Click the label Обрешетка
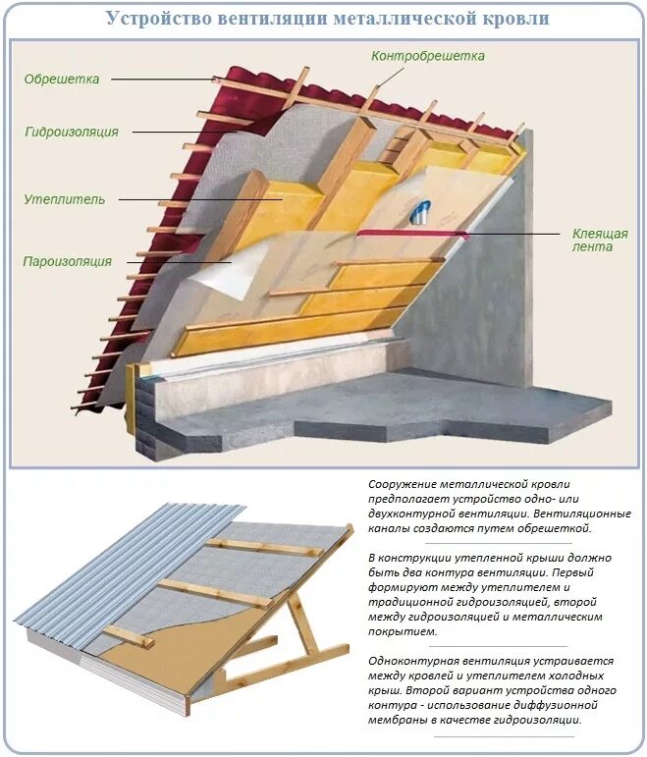(59, 80)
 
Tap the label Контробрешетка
(428, 56)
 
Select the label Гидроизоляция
(72, 132)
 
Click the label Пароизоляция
(68, 262)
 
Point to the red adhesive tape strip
(412, 233)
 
